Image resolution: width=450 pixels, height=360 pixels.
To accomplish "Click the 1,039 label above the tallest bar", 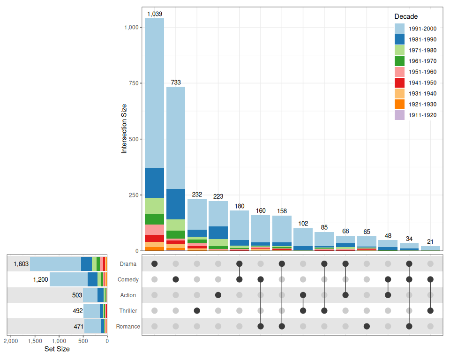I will point(155,14).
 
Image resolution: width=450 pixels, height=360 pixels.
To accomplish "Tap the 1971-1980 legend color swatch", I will point(400,50).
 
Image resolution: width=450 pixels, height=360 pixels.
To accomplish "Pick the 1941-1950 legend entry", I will point(422,82).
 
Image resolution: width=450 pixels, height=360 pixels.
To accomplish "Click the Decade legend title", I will point(406,17).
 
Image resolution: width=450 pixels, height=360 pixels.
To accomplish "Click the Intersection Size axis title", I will point(124,128).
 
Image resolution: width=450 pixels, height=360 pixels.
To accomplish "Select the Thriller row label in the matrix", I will point(128,311).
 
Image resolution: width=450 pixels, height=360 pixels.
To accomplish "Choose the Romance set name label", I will point(128,326).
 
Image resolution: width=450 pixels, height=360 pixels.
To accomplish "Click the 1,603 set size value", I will point(21,264).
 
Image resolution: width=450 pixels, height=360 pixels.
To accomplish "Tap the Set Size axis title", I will point(57,349).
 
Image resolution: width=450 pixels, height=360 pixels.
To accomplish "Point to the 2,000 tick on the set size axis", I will point(11,341).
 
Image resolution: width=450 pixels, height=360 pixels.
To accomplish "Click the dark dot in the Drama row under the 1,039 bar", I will point(155,264).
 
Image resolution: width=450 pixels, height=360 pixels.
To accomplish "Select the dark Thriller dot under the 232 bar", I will point(197,311).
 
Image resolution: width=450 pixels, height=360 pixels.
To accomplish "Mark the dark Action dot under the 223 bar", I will point(218,295).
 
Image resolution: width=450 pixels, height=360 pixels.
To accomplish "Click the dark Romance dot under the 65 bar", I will point(367,326).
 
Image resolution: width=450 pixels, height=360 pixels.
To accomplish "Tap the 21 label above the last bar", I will point(430,242).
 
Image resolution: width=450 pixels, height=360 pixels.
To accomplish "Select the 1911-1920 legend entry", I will point(422,115).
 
